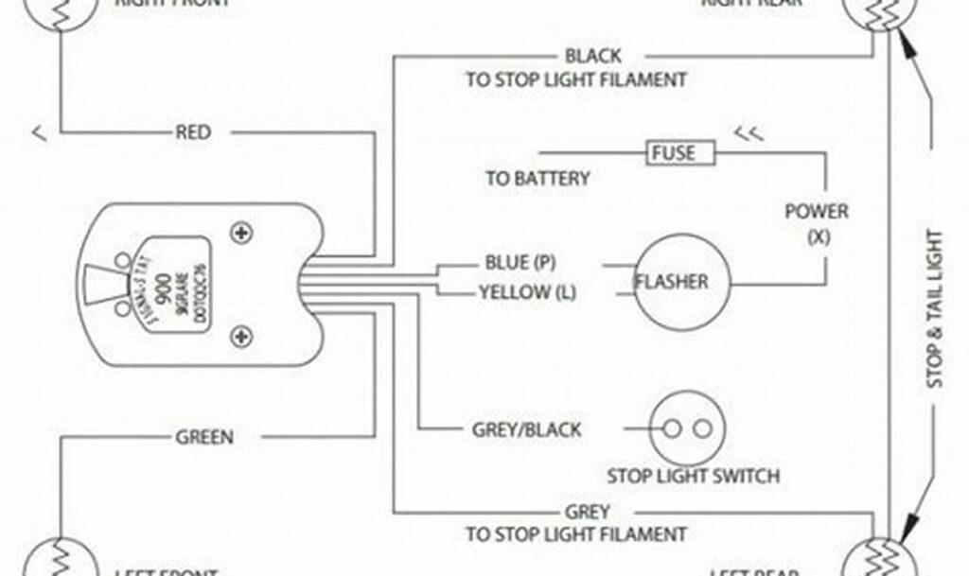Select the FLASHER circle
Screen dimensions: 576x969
tap(671, 282)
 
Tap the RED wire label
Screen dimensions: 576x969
tap(193, 131)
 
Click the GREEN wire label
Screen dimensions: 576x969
tap(204, 437)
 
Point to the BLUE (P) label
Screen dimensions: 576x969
tap(520, 261)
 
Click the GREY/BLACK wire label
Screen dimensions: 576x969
tap(527, 429)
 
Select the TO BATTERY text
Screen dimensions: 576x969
tap(537, 178)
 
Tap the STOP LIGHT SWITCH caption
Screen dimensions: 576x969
tap(694, 476)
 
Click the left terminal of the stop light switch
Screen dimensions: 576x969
tap(672, 428)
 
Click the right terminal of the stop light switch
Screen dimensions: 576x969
tap(701, 428)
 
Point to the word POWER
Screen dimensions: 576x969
tap(817, 211)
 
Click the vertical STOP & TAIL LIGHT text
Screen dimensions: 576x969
tap(934, 308)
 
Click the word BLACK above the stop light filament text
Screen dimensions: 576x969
tap(593, 57)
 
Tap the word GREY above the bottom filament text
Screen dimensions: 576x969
tap(588, 512)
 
